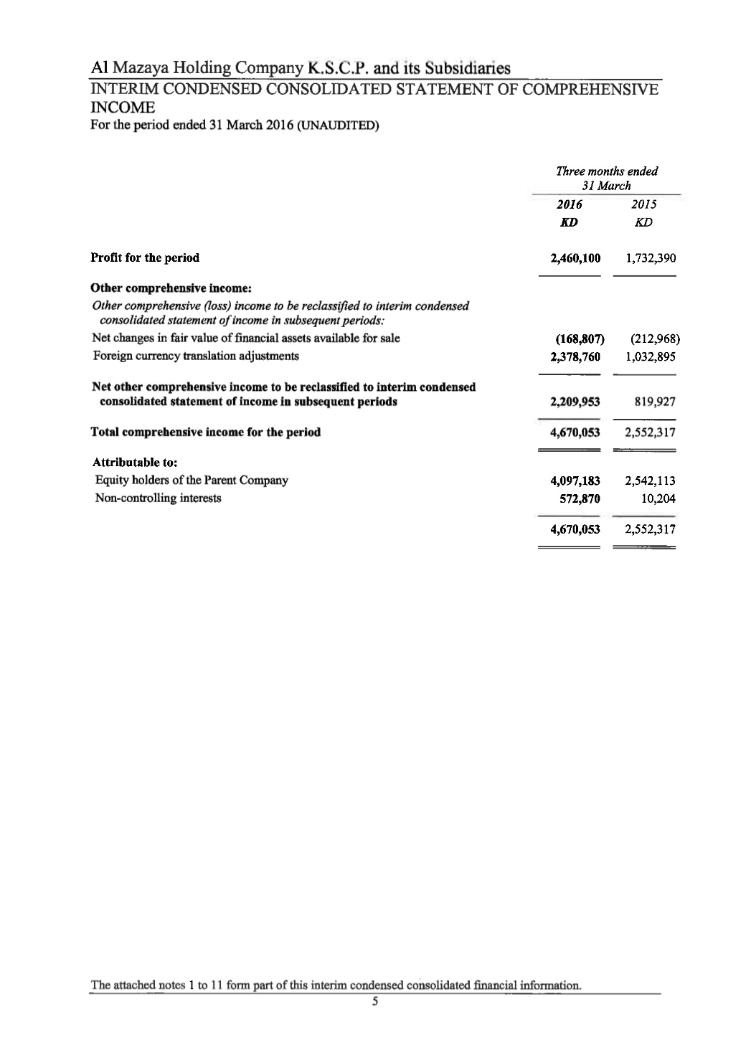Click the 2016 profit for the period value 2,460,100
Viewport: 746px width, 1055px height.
click(575, 258)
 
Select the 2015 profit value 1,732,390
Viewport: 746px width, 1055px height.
click(650, 258)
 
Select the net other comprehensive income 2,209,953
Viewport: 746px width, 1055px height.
click(575, 402)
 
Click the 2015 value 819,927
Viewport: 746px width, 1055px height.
click(655, 402)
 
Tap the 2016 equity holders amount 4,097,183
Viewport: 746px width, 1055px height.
click(575, 481)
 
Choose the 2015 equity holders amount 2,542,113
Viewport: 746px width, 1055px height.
click(650, 481)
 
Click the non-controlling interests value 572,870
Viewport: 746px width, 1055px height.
click(580, 498)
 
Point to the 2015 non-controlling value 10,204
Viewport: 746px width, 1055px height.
click(660, 498)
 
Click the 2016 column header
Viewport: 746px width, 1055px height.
click(570, 204)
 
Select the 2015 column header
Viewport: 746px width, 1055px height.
click(643, 204)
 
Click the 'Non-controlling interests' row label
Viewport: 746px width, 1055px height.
click(158, 498)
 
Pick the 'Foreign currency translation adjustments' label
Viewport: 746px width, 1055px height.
click(195, 356)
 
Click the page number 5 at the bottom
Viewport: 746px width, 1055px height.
click(374, 1002)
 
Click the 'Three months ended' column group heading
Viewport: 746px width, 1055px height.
click(607, 171)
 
